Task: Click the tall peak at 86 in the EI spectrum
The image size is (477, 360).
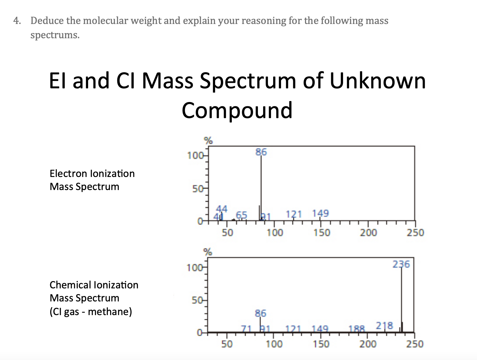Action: (261, 188)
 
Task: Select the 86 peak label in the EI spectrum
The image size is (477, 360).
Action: (261, 152)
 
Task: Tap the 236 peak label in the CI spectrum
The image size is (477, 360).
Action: (401, 264)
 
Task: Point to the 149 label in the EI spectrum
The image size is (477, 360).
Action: (321, 213)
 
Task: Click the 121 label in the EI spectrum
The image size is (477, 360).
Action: (294, 214)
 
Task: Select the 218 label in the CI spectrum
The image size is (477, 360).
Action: (384, 326)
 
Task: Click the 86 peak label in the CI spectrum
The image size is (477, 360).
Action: (260, 313)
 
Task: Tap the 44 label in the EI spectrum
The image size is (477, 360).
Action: (222, 209)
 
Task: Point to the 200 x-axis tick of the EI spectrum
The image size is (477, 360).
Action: (368, 233)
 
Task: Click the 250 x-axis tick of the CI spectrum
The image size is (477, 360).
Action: (415, 344)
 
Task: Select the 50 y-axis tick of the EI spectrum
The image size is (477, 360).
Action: (198, 189)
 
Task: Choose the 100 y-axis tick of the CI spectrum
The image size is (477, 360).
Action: (194, 268)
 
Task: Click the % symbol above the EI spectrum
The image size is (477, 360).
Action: (208, 141)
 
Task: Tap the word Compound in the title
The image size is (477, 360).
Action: (237, 110)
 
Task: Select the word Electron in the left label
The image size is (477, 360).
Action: (69, 174)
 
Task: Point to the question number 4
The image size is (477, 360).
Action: (17, 21)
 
